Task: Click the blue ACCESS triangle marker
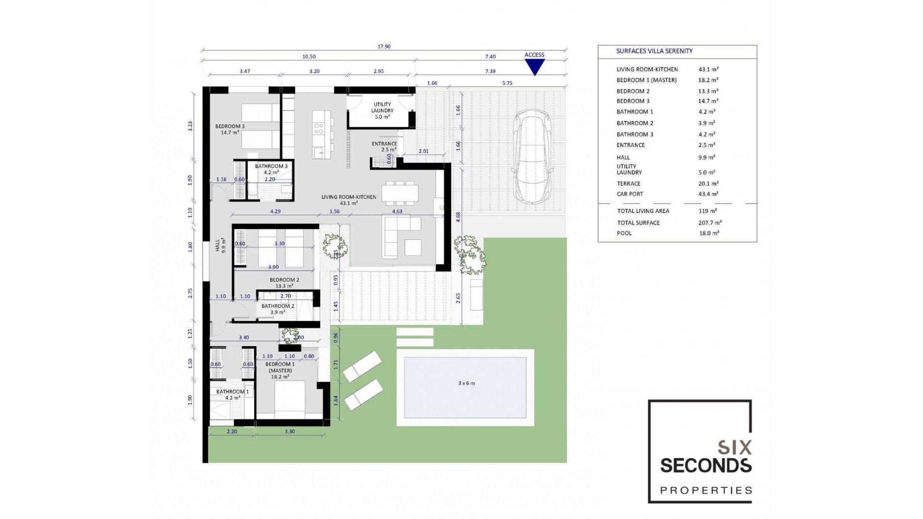[534, 66]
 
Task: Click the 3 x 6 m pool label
[466, 383]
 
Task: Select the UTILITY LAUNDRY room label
[382, 110]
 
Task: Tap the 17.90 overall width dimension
[384, 47]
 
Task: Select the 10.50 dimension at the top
[309, 57]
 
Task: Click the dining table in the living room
[400, 193]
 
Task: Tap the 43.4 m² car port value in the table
[708, 194]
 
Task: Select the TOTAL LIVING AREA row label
[643, 211]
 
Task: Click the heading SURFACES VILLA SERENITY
[654, 51]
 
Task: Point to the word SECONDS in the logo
[705, 466]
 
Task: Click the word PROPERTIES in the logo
[706, 491]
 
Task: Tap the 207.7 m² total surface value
[710, 223]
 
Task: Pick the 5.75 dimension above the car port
[507, 83]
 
